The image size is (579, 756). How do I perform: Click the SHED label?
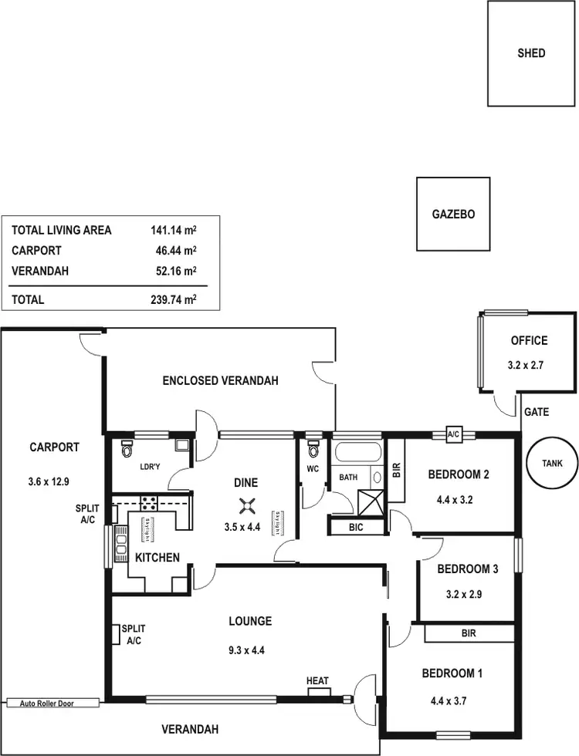531,53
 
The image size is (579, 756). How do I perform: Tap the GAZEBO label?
453,214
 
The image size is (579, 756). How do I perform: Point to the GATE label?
537,412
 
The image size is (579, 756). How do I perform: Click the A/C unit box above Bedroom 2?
453,435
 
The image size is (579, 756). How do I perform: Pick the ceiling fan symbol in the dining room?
246,506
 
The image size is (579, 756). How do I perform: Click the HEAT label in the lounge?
317,681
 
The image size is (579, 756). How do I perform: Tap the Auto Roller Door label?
52,703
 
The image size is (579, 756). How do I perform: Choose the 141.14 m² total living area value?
173,230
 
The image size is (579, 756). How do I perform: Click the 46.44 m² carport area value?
175,251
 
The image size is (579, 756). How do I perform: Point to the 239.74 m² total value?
173,299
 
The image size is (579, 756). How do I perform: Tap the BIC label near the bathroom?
356,527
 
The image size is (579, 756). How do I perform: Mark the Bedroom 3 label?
467,569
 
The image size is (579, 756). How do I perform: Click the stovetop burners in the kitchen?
147,503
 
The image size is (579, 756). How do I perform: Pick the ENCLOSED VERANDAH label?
220,380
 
